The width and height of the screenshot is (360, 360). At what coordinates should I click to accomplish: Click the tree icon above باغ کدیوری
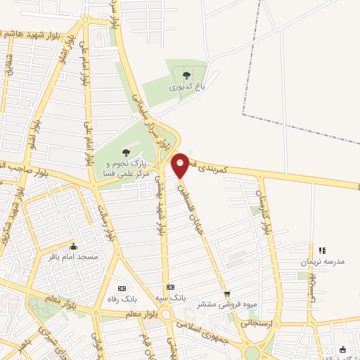coord(186,75)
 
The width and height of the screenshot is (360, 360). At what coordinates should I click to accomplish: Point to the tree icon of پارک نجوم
coord(126,152)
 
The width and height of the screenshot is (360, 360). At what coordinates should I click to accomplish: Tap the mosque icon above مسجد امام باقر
coord(73,246)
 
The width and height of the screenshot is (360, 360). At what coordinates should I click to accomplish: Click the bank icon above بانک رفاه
coord(121,288)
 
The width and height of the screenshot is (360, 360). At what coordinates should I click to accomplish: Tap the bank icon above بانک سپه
coord(170,287)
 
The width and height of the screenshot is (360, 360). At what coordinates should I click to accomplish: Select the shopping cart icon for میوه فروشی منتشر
coord(226,294)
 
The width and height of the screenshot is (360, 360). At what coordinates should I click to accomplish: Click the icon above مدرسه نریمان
coord(322,250)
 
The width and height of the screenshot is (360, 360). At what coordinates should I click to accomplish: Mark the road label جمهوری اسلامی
coord(207,331)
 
